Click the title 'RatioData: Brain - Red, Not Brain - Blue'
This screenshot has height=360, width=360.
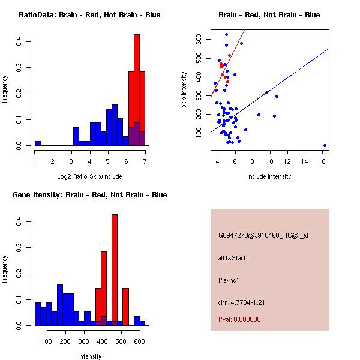tap(89, 14)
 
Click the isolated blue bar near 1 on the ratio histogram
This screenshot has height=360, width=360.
tap(38, 143)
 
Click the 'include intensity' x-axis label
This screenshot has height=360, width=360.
tap(269, 176)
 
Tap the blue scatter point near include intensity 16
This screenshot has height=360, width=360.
tap(325, 145)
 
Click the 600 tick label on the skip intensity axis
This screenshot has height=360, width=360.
tap(199, 39)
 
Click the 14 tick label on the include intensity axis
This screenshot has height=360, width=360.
tap(305, 161)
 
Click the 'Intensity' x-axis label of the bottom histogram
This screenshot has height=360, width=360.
tap(89, 356)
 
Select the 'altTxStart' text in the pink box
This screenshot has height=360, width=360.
tap(232, 258)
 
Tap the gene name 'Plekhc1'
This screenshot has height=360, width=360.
tap(229, 280)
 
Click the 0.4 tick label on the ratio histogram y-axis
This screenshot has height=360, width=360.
tap(19, 42)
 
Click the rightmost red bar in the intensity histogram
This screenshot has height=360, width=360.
tap(126, 306)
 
